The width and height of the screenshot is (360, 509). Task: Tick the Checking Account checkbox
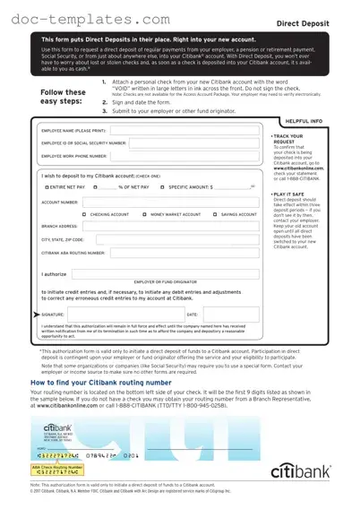coord(84,215)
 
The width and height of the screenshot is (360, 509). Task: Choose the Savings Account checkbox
coord(215,215)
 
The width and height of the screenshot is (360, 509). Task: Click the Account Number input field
coord(171,203)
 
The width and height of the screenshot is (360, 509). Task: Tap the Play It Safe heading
coord(289,193)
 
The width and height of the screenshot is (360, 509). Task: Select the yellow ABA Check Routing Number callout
coord(56,466)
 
